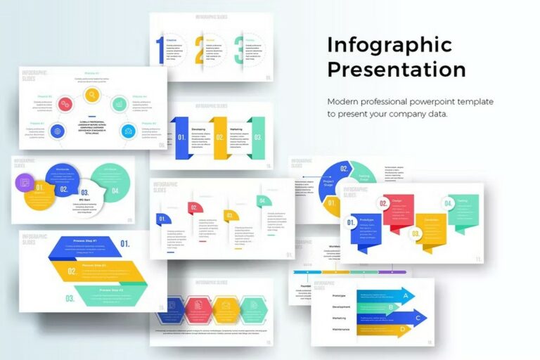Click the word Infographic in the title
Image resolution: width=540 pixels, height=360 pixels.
(389, 45)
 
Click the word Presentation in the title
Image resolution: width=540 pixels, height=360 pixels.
(396, 70)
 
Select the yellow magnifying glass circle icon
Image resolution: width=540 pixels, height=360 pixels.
(91, 94)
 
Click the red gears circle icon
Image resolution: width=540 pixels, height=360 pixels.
(65, 104)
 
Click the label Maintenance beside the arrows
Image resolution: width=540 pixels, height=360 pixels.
(341, 329)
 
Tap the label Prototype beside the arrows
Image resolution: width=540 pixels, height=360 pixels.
(339, 295)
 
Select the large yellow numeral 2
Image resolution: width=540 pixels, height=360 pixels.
(200, 50)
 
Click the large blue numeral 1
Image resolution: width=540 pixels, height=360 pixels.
(160, 50)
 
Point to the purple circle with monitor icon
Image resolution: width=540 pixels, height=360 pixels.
(25, 183)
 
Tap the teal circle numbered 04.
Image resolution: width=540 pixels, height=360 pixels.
(115, 188)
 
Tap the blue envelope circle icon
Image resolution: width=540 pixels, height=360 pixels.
(128, 130)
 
